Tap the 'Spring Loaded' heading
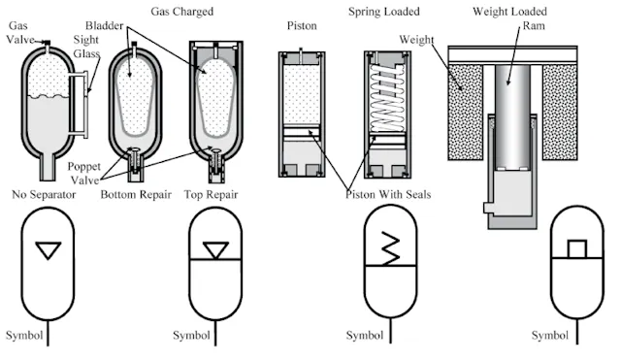[x=386, y=11]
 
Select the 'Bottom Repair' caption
[x=137, y=194]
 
